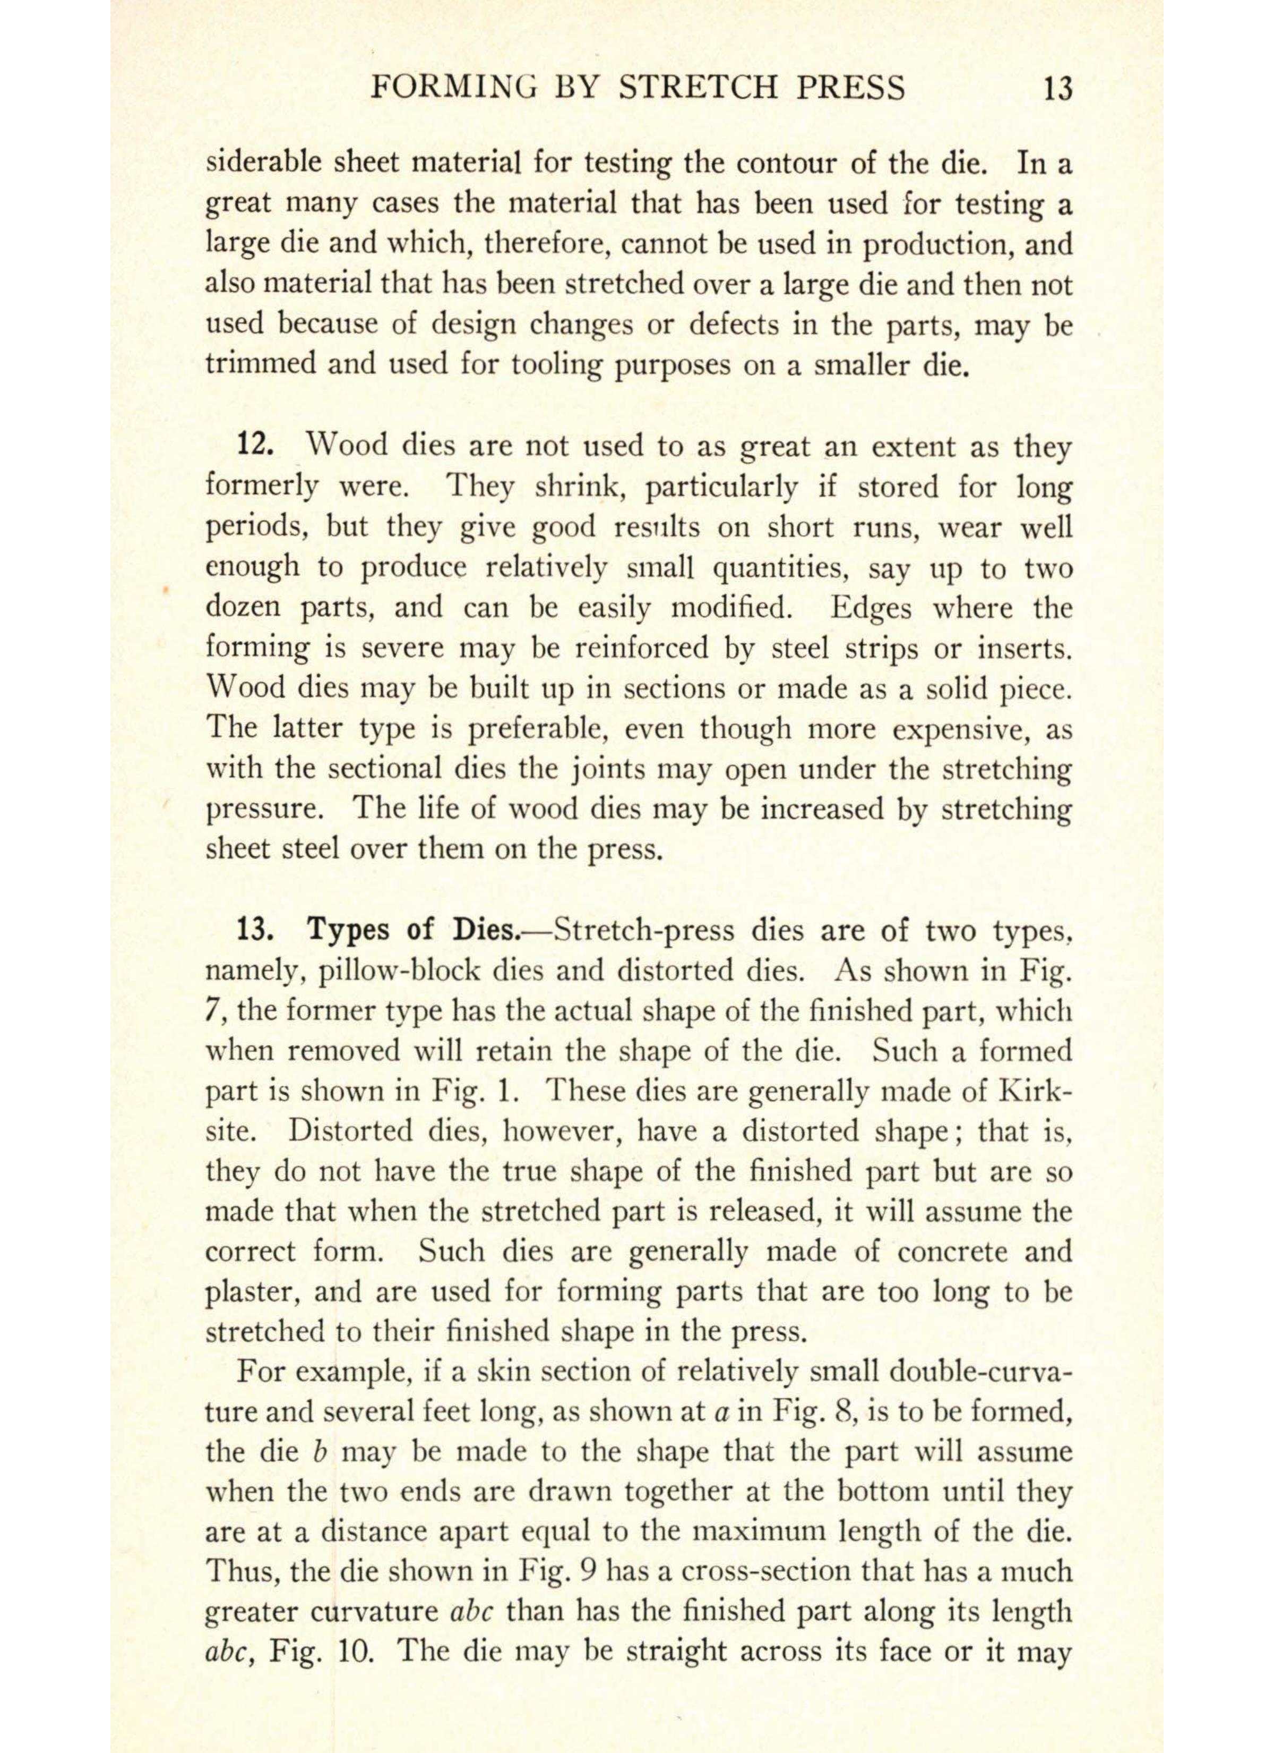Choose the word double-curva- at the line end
tap(981, 1372)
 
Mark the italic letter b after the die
tap(317, 1452)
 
